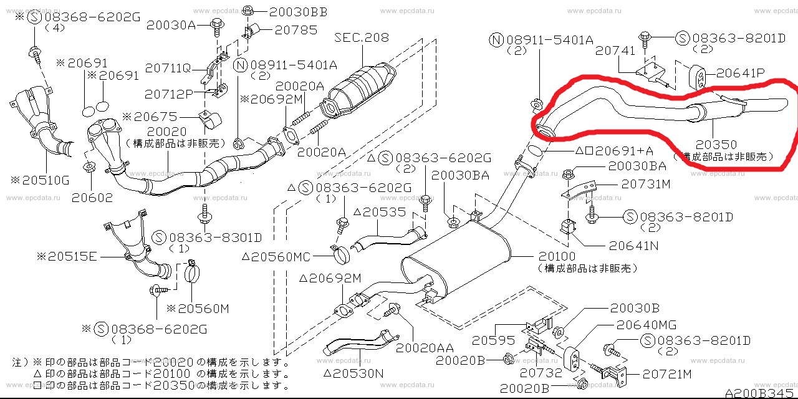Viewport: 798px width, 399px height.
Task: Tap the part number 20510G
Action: [42, 180]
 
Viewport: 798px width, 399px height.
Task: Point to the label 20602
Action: [92, 198]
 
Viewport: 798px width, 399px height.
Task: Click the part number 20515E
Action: [67, 255]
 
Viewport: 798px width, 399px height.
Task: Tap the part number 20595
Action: [493, 340]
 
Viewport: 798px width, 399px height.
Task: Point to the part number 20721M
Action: [667, 374]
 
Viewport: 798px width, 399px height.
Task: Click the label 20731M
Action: [646, 184]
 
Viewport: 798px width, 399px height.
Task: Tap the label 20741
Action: [615, 51]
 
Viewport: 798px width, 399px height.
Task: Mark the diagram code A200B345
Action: [760, 393]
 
